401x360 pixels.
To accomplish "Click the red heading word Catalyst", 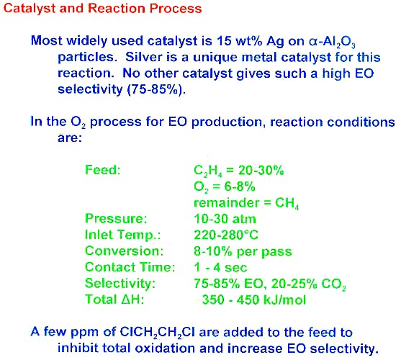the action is (x=29, y=9).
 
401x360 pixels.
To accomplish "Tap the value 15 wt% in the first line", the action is (x=239, y=41).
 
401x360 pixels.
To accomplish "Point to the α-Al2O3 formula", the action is (x=332, y=42).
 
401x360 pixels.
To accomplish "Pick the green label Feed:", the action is (x=102, y=169).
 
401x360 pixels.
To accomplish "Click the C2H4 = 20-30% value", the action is (x=239, y=171).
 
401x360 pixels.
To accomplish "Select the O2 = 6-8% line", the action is (x=225, y=187).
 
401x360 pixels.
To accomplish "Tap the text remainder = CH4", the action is (x=246, y=203).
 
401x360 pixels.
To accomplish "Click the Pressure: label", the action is (x=116, y=219).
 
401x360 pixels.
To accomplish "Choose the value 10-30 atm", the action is (x=225, y=219).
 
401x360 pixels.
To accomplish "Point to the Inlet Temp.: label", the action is (x=123, y=235).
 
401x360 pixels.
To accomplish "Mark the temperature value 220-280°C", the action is (x=226, y=235).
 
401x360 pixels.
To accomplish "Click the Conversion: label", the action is (x=124, y=251).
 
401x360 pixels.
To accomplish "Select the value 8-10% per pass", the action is (x=243, y=252).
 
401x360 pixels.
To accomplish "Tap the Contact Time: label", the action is (x=130, y=267).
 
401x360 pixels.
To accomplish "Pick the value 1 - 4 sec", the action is (x=220, y=268).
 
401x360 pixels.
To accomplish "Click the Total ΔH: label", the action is (x=114, y=299).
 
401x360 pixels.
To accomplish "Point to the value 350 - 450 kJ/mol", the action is (x=253, y=300).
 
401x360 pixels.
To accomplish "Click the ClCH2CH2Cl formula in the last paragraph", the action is (x=158, y=333).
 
